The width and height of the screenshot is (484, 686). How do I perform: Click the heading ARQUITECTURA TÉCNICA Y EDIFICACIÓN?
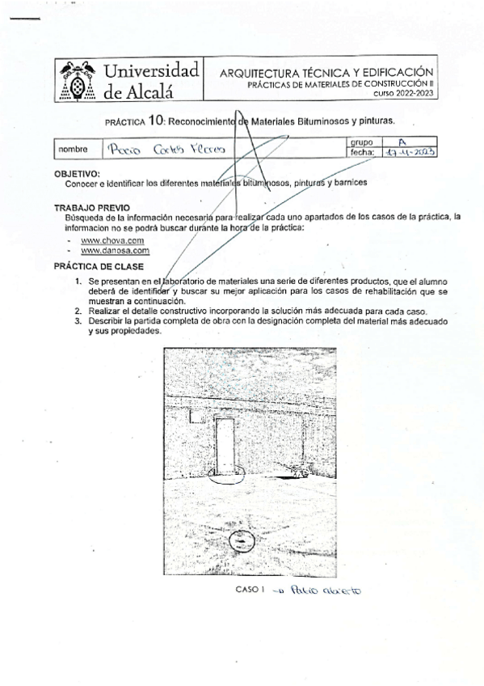click(x=327, y=72)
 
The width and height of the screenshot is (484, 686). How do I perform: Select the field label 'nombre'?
click(x=73, y=150)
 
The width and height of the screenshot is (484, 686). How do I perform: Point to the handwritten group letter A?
click(x=392, y=142)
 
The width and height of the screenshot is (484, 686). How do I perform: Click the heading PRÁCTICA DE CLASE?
click(x=98, y=265)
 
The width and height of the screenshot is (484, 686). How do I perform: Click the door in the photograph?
click(x=225, y=444)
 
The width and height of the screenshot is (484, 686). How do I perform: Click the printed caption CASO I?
click(x=250, y=589)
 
